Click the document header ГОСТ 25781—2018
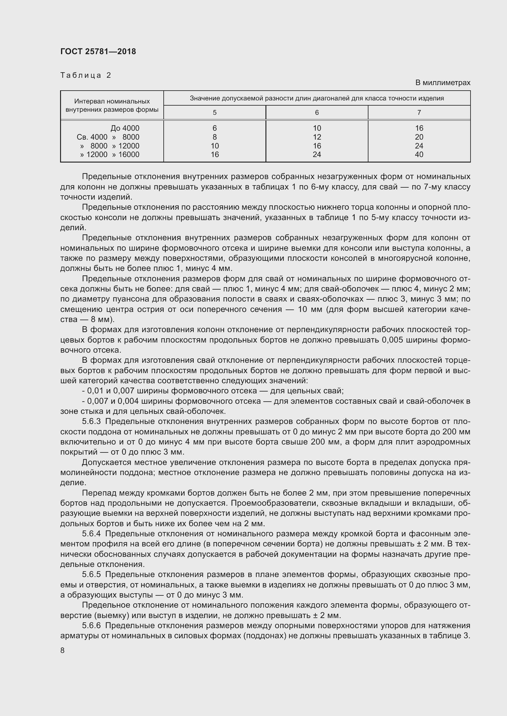point(98,51)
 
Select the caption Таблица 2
point(86,75)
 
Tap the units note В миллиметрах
point(442,83)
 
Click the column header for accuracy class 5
point(215,113)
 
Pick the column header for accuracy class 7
point(419,113)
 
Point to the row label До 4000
point(125,128)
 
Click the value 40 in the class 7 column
point(419,154)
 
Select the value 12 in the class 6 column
point(317,137)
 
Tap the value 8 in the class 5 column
point(215,137)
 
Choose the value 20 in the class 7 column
point(419,137)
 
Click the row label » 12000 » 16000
point(109,154)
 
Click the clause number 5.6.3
point(91,422)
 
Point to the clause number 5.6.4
point(91,534)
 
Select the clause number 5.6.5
point(91,574)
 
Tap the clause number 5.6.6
point(91,626)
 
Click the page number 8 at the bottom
point(63,650)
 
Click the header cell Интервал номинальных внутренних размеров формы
point(112,105)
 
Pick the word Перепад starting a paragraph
point(99,493)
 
